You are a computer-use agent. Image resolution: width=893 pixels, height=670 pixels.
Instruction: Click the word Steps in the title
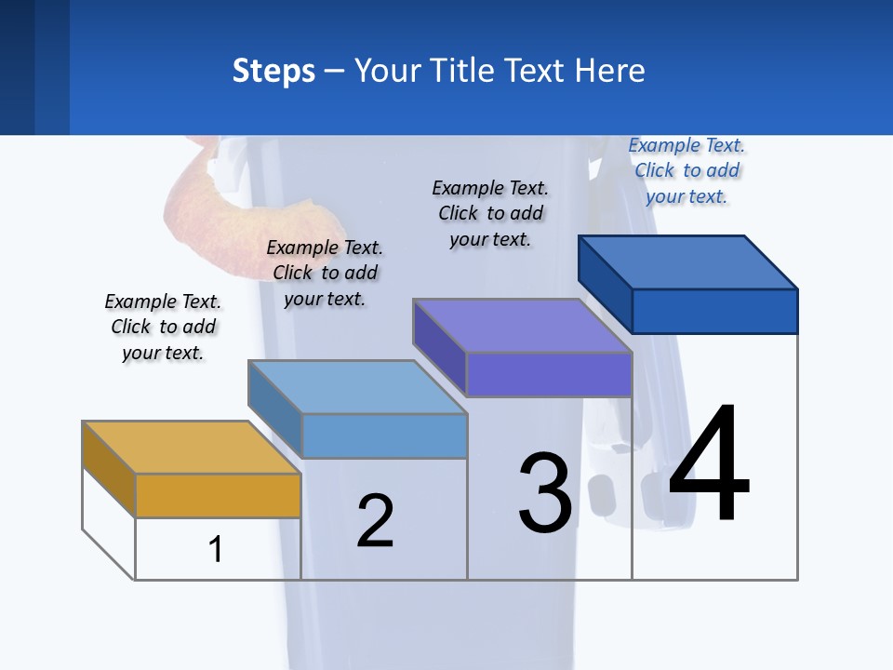[273, 71]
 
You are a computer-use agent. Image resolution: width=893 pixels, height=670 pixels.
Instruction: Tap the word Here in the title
[608, 71]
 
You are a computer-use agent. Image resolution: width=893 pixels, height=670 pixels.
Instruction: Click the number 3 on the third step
[545, 493]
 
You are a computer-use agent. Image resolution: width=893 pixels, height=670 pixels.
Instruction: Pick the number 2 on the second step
[376, 520]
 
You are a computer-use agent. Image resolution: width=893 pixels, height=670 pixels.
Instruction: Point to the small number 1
[216, 549]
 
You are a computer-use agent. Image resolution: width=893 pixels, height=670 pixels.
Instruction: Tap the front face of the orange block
[218, 495]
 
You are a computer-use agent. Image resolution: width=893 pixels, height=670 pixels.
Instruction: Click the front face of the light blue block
[384, 435]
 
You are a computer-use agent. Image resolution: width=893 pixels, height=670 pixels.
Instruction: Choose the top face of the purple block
[522, 325]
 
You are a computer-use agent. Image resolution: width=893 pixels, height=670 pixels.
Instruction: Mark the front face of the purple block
[549, 374]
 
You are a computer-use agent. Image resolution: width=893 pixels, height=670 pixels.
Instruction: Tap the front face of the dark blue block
[714, 311]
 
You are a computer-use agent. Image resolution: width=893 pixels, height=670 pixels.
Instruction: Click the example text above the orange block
[163, 327]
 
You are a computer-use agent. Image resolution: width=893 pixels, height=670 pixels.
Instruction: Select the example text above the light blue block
[325, 273]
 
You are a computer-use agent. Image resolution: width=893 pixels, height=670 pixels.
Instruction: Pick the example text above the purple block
[490, 213]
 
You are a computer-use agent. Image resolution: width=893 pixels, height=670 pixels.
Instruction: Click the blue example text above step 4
[686, 170]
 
